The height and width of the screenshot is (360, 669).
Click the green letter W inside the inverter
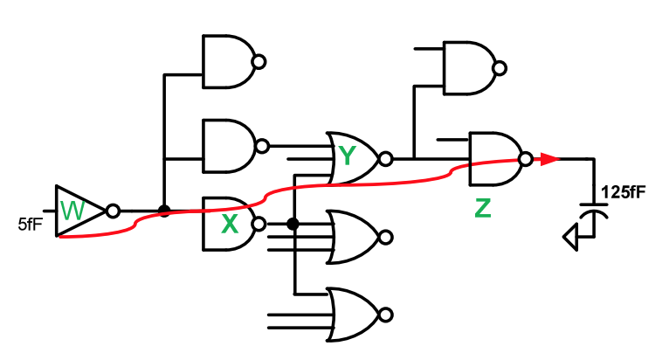click(74, 211)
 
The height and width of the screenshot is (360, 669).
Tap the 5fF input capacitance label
click(30, 224)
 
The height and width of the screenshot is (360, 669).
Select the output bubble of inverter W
click(112, 211)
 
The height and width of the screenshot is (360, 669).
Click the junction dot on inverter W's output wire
click(163, 211)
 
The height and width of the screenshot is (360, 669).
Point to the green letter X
click(230, 225)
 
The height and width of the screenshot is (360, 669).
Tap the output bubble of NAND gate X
click(259, 223)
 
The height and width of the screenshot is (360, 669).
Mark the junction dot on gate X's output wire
click(293, 224)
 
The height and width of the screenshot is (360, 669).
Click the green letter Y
click(348, 156)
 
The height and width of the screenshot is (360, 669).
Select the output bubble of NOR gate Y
click(386, 159)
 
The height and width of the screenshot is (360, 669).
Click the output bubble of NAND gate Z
click(526, 159)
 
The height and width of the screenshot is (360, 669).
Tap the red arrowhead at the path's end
click(549, 159)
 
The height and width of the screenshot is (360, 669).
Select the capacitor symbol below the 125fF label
click(594, 213)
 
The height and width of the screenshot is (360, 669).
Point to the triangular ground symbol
click(571, 237)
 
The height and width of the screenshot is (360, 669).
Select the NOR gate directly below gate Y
click(354, 236)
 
